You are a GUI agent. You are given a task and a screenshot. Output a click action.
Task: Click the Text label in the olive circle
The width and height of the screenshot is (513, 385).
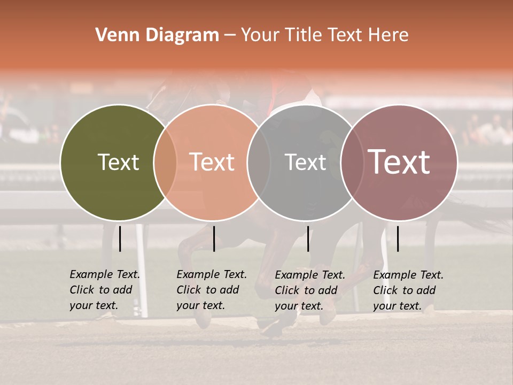click(118, 162)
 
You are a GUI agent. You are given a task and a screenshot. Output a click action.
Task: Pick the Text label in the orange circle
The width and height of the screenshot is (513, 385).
click(212, 162)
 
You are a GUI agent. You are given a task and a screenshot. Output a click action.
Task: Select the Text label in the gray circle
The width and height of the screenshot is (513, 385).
click(305, 162)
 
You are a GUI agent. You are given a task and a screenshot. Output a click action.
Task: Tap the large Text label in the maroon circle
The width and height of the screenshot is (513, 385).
click(399, 162)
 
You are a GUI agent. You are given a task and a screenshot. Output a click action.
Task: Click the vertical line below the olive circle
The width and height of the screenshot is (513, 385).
click(120, 238)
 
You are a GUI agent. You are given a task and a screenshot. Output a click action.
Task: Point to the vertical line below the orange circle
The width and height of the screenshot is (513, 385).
click(214, 238)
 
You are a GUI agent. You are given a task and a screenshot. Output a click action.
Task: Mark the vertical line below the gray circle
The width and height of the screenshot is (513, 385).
click(308, 238)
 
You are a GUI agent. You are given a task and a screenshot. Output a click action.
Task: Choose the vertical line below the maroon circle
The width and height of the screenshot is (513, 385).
click(398, 238)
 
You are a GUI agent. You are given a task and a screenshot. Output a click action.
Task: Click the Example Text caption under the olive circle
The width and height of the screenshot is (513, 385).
click(104, 290)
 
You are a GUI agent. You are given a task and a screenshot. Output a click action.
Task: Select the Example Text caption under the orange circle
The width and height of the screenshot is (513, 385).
click(211, 290)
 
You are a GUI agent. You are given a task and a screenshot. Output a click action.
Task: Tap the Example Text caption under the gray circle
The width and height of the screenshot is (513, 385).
click(309, 290)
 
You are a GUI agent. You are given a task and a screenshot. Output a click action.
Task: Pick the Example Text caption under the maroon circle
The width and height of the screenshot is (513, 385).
click(408, 290)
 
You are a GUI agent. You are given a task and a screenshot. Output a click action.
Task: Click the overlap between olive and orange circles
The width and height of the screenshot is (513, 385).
click(165, 162)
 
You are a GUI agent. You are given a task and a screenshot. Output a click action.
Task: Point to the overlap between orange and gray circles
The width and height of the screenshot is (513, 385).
click(259, 162)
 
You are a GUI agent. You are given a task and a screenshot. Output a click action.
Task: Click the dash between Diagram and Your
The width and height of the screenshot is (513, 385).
click(230, 36)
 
